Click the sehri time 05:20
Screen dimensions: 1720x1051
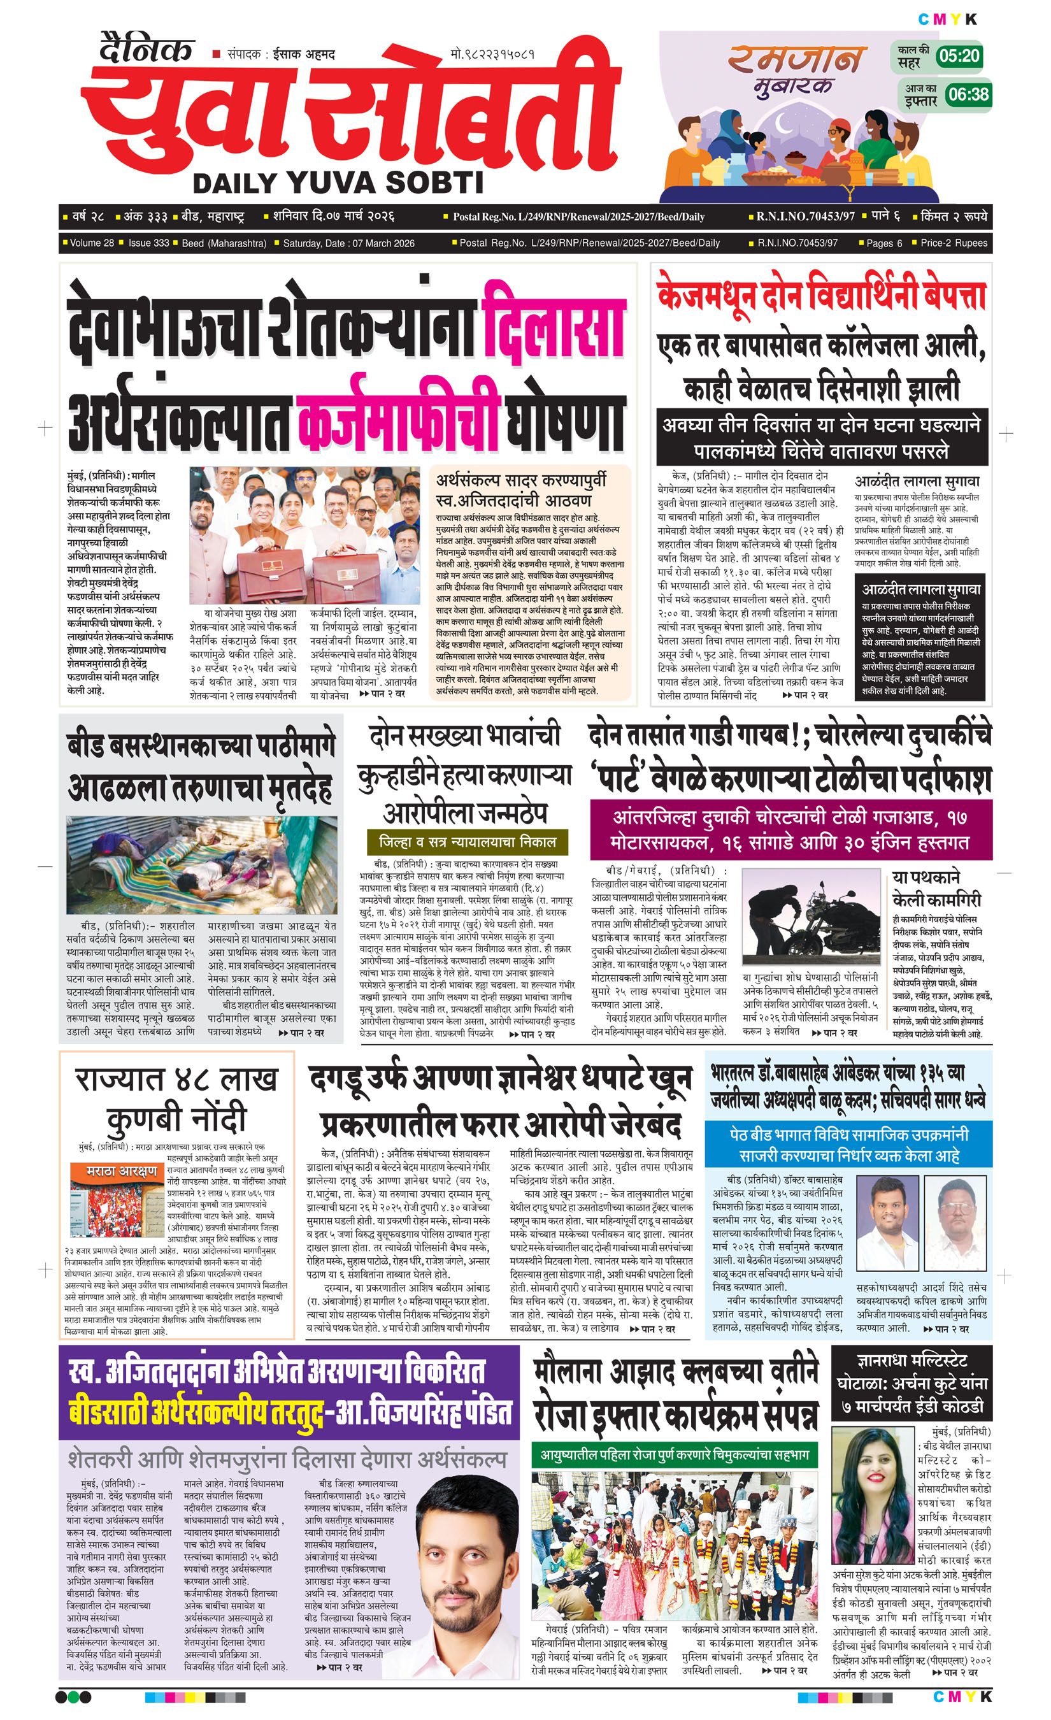coord(959,56)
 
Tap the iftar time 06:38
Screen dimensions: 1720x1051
coord(968,94)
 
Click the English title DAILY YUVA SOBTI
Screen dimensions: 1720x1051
coord(338,183)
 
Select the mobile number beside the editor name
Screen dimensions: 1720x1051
coord(493,54)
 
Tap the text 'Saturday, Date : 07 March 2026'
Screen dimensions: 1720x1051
coord(349,243)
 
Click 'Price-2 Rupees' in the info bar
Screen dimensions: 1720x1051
coord(954,243)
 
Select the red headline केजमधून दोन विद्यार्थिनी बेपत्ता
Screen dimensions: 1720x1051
coord(822,296)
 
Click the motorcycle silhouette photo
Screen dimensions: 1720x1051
coord(810,915)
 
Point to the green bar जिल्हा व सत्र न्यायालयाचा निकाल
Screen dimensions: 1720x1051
coord(467,840)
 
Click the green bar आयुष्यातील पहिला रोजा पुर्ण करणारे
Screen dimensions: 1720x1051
coord(674,1455)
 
